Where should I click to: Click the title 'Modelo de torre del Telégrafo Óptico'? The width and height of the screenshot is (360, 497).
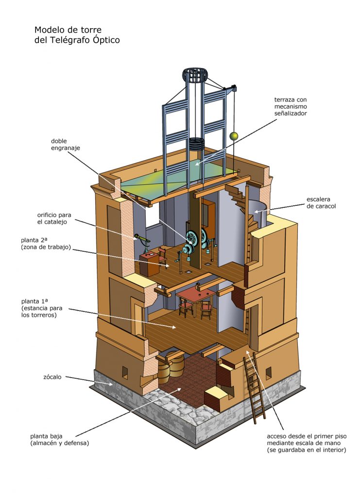[77, 35]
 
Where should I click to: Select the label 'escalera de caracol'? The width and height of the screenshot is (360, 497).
[321, 202]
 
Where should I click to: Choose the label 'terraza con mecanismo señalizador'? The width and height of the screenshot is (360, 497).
[291, 106]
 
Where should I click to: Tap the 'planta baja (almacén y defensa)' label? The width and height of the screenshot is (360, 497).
[59, 440]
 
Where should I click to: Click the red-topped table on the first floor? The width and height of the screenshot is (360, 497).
[195, 294]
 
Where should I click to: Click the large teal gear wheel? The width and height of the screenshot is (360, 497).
[193, 237]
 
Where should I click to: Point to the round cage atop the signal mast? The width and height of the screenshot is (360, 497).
[195, 76]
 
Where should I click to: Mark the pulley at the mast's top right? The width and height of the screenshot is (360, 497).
[234, 88]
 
